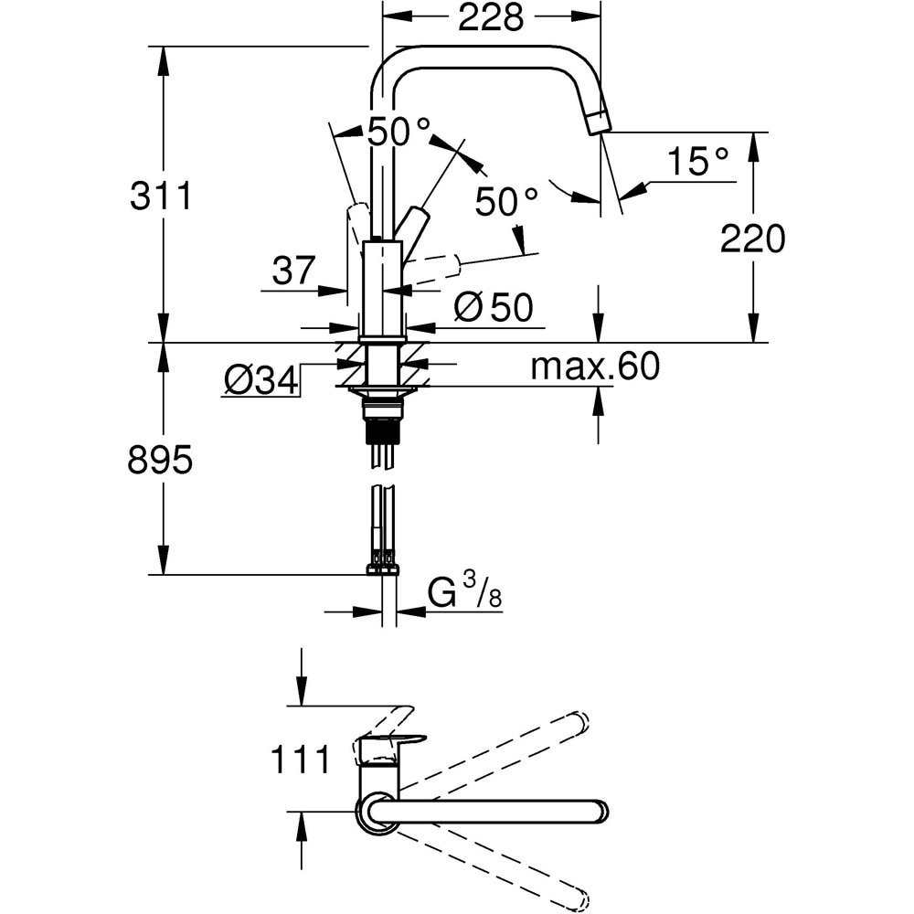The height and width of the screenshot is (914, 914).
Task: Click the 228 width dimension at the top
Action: click(x=491, y=17)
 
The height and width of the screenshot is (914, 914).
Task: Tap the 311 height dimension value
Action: click(x=161, y=196)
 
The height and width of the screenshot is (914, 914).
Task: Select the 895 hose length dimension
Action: click(x=160, y=460)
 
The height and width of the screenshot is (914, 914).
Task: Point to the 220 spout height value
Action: click(x=752, y=239)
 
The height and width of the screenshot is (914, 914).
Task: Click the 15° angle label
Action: click(x=697, y=161)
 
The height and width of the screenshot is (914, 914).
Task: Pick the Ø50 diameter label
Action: click(x=494, y=307)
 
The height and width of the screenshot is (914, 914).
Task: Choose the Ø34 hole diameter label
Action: click(x=261, y=382)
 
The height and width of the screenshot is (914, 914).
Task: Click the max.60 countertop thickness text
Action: click(x=595, y=367)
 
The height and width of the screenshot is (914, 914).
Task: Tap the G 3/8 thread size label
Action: click(x=464, y=590)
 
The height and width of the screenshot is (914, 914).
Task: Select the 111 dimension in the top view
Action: click(x=301, y=760)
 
